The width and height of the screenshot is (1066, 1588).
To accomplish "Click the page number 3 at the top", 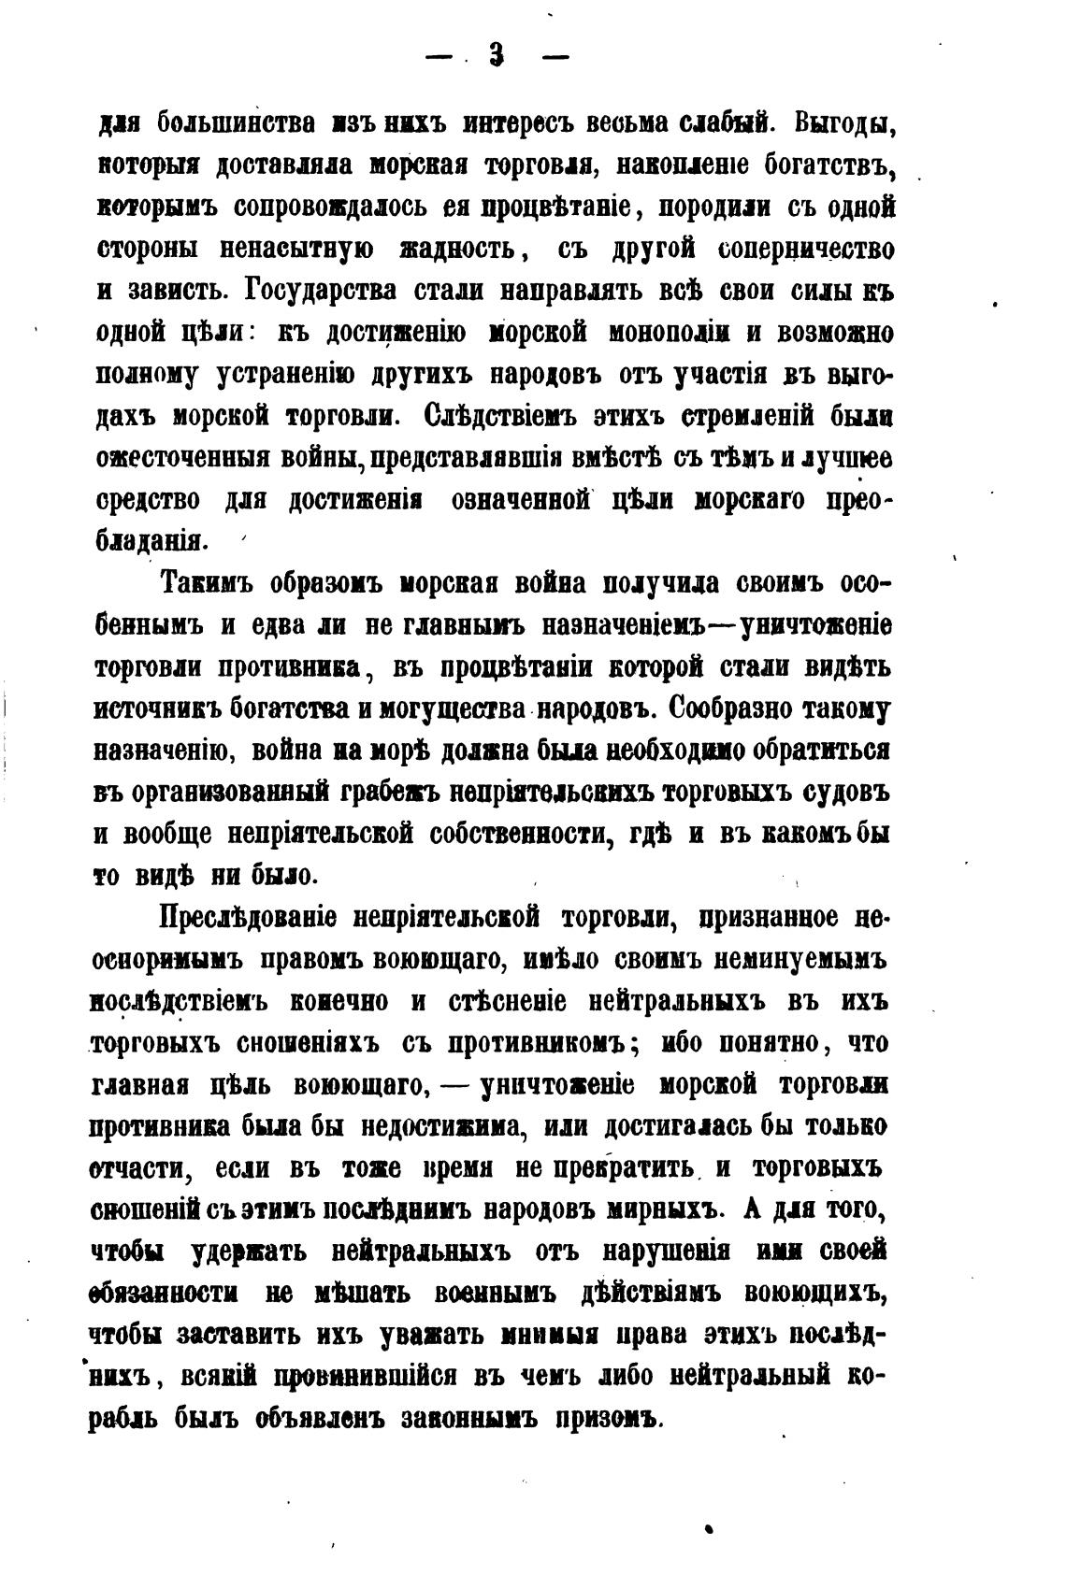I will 496,57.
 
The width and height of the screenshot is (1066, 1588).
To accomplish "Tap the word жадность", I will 456,250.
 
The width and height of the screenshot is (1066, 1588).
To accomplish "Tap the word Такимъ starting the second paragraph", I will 209,584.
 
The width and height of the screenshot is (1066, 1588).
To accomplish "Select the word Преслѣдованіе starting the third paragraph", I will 249,918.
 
